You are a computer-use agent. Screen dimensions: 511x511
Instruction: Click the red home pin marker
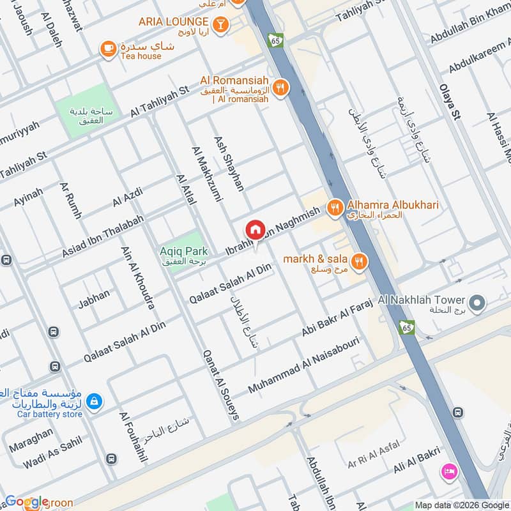click(x=255, y=229)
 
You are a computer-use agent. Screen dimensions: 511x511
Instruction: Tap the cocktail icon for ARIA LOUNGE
click(x=220, y=24)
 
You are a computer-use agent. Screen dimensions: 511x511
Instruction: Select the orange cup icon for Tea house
click(x=108, y=48)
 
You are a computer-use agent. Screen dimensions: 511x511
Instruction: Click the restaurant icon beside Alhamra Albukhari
click(x=333, y=208)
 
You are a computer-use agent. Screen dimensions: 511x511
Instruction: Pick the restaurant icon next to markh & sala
click(x=359, y=261)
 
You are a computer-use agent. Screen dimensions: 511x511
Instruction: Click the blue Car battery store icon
click(x=94, y=401)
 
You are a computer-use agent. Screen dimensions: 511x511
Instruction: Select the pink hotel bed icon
click(x=449, y=471)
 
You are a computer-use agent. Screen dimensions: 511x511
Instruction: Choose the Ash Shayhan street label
click(x=229, y=164)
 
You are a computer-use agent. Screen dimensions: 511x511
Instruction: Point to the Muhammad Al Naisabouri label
click(x=304, y=365)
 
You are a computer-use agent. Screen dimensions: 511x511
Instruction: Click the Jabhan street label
click(x=94, y=298)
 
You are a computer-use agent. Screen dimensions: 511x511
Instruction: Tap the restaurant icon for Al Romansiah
click(x=279, y=88)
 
